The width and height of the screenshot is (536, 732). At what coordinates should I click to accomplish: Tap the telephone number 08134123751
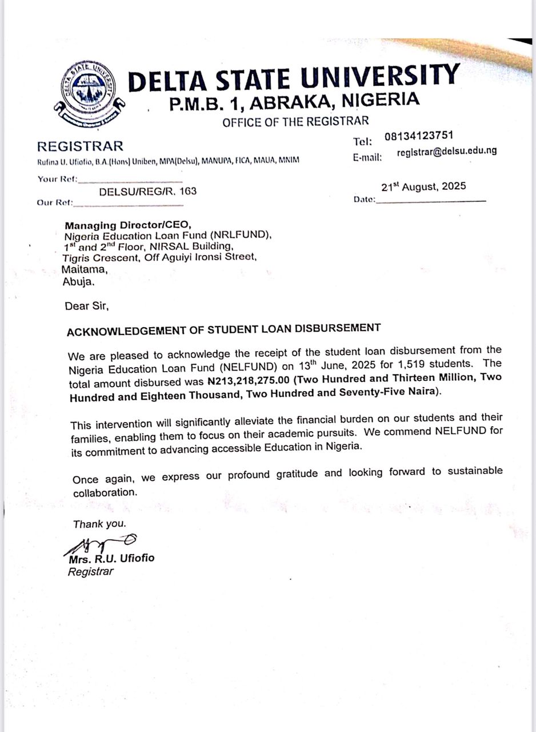click(419, 136)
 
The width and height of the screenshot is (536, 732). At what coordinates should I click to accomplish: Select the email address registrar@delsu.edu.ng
click(446, 152)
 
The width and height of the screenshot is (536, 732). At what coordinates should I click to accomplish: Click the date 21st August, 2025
click(423, 186)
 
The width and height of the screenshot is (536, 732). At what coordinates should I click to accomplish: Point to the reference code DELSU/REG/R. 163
click(147, 192)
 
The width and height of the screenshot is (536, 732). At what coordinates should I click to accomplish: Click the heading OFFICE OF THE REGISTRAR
click(295, 121)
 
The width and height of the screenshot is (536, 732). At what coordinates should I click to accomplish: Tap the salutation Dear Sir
click(87, 306)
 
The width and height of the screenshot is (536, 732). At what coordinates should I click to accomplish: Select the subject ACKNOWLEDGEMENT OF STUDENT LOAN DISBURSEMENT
click(223, 329)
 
